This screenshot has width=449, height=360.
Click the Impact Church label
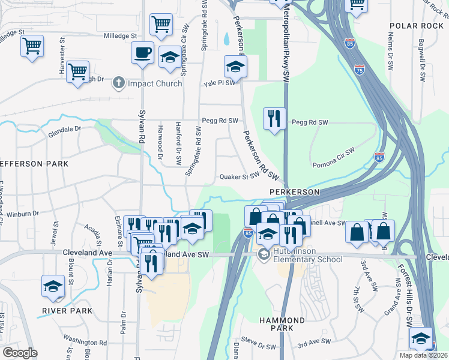(x=155, y=83)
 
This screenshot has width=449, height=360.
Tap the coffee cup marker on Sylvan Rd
(x=142, y=53)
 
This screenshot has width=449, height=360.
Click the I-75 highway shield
(x=360, y=70)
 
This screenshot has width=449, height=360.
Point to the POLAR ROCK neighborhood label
(x=415, y=26)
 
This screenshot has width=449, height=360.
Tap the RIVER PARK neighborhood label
(x=67, y=311)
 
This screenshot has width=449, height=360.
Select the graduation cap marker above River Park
(x=53, y=286)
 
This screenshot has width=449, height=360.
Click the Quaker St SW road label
(x=239, y=177)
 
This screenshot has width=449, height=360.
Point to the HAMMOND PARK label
(x=277, y=325)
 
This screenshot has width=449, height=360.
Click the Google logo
(x=20, y=353)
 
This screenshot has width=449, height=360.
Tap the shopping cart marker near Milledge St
(x=161, y=25)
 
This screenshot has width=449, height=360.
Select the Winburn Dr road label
(x=24, y=213)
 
